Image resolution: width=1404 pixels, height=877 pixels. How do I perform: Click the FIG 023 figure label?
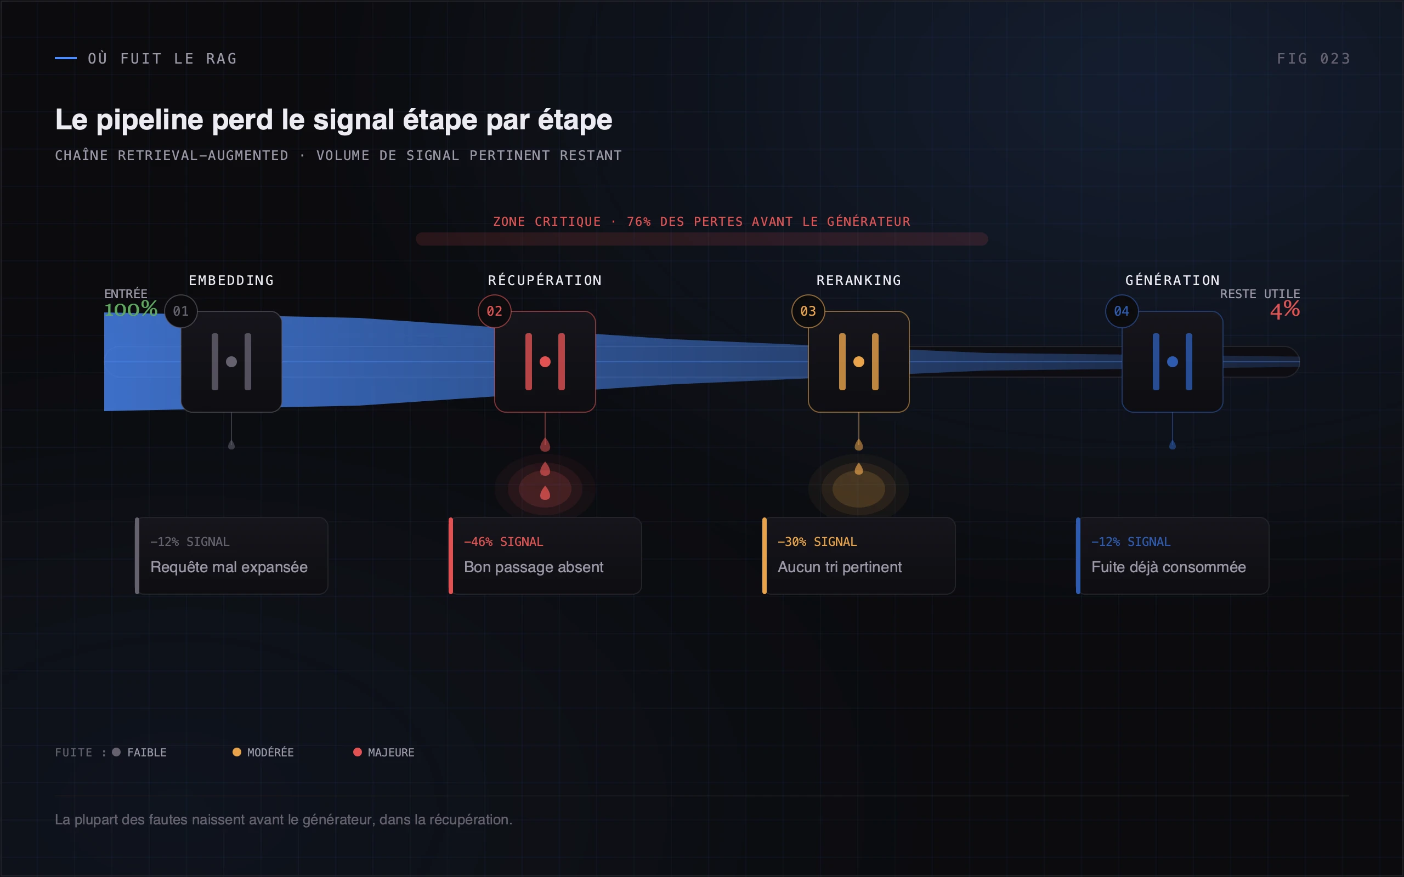point(1313,59)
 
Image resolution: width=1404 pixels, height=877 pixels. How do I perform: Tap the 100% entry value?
point(131,309)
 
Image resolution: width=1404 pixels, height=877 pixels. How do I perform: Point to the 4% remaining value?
point(1284,309)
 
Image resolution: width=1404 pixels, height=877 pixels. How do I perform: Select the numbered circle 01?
point(181,311)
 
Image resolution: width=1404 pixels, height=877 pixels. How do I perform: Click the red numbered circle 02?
point(494,311)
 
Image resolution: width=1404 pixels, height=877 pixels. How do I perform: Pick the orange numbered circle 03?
point(808,311)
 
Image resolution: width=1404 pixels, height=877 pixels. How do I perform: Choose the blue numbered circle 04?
point(1122,311)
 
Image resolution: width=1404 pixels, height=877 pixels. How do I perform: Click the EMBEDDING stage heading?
point(231,281)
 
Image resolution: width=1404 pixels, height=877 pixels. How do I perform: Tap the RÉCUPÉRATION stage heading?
point(545,280)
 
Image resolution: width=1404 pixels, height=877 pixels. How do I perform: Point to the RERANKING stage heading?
point(859,281)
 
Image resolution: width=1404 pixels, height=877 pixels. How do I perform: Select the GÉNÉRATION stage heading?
point(1173,280)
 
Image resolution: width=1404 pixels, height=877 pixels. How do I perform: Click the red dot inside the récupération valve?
point(545,362)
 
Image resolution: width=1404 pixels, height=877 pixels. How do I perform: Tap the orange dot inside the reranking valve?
point(859,362)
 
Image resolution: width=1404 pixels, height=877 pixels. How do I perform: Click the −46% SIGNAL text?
point(503,542)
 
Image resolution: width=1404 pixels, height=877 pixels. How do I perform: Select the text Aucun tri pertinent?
point(840,567)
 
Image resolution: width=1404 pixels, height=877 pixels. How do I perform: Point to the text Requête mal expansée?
point(229,567)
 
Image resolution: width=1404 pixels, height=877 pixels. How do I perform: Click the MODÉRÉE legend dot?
point(237,752)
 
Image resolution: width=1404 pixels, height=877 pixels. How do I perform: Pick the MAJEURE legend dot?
point(358,752)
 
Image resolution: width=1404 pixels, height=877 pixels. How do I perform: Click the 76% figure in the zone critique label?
point(639,221)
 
